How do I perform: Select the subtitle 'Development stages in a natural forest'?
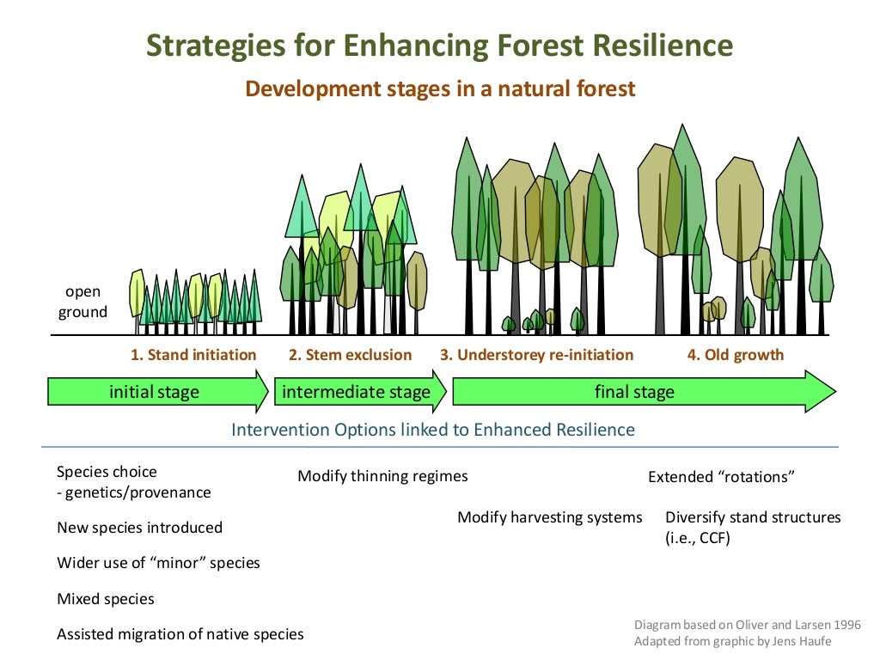[440, 89]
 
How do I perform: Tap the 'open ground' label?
[82, 302]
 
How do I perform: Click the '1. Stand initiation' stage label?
[193, 355]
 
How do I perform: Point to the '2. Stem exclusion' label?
[350, 355]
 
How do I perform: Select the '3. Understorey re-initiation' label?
[536, 355]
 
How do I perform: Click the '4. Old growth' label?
[735, 355]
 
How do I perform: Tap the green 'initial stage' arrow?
[155, 393]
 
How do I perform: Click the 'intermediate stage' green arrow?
[356, 393]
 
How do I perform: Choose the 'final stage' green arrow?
[634, 393]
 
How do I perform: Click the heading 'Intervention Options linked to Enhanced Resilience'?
[433, 430]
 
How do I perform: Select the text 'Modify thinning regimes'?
[382, 476]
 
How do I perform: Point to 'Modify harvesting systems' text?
[549, 517]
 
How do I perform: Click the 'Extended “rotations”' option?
[718, 477]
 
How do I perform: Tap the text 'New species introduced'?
[139, 528]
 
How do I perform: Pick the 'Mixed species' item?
[105, 599]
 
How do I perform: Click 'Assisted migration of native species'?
[180, 635]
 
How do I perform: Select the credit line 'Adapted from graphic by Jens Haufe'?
[733, 641]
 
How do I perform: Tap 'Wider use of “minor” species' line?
[158, 564]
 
